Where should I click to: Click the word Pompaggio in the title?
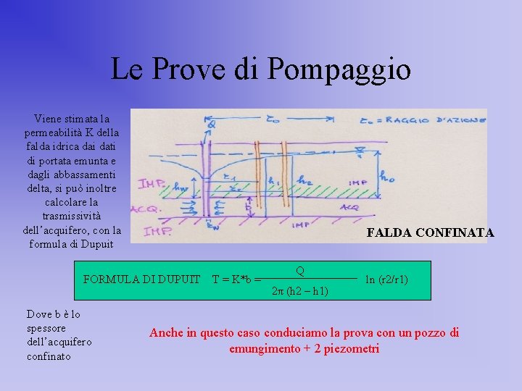(339, 70)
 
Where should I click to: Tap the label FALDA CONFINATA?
(430, 232)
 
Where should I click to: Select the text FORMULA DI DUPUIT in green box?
(141, 279)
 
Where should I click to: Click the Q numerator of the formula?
(299, 271)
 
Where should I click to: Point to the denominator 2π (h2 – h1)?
(299, 291)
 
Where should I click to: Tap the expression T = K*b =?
(236, 279)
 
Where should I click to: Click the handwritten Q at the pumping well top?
(210, 125)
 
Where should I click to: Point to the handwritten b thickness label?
(249, 206)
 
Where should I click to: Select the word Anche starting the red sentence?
(167, 332)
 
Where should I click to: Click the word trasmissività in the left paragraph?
(72, 216)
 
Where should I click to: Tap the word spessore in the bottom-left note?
(46, 328)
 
